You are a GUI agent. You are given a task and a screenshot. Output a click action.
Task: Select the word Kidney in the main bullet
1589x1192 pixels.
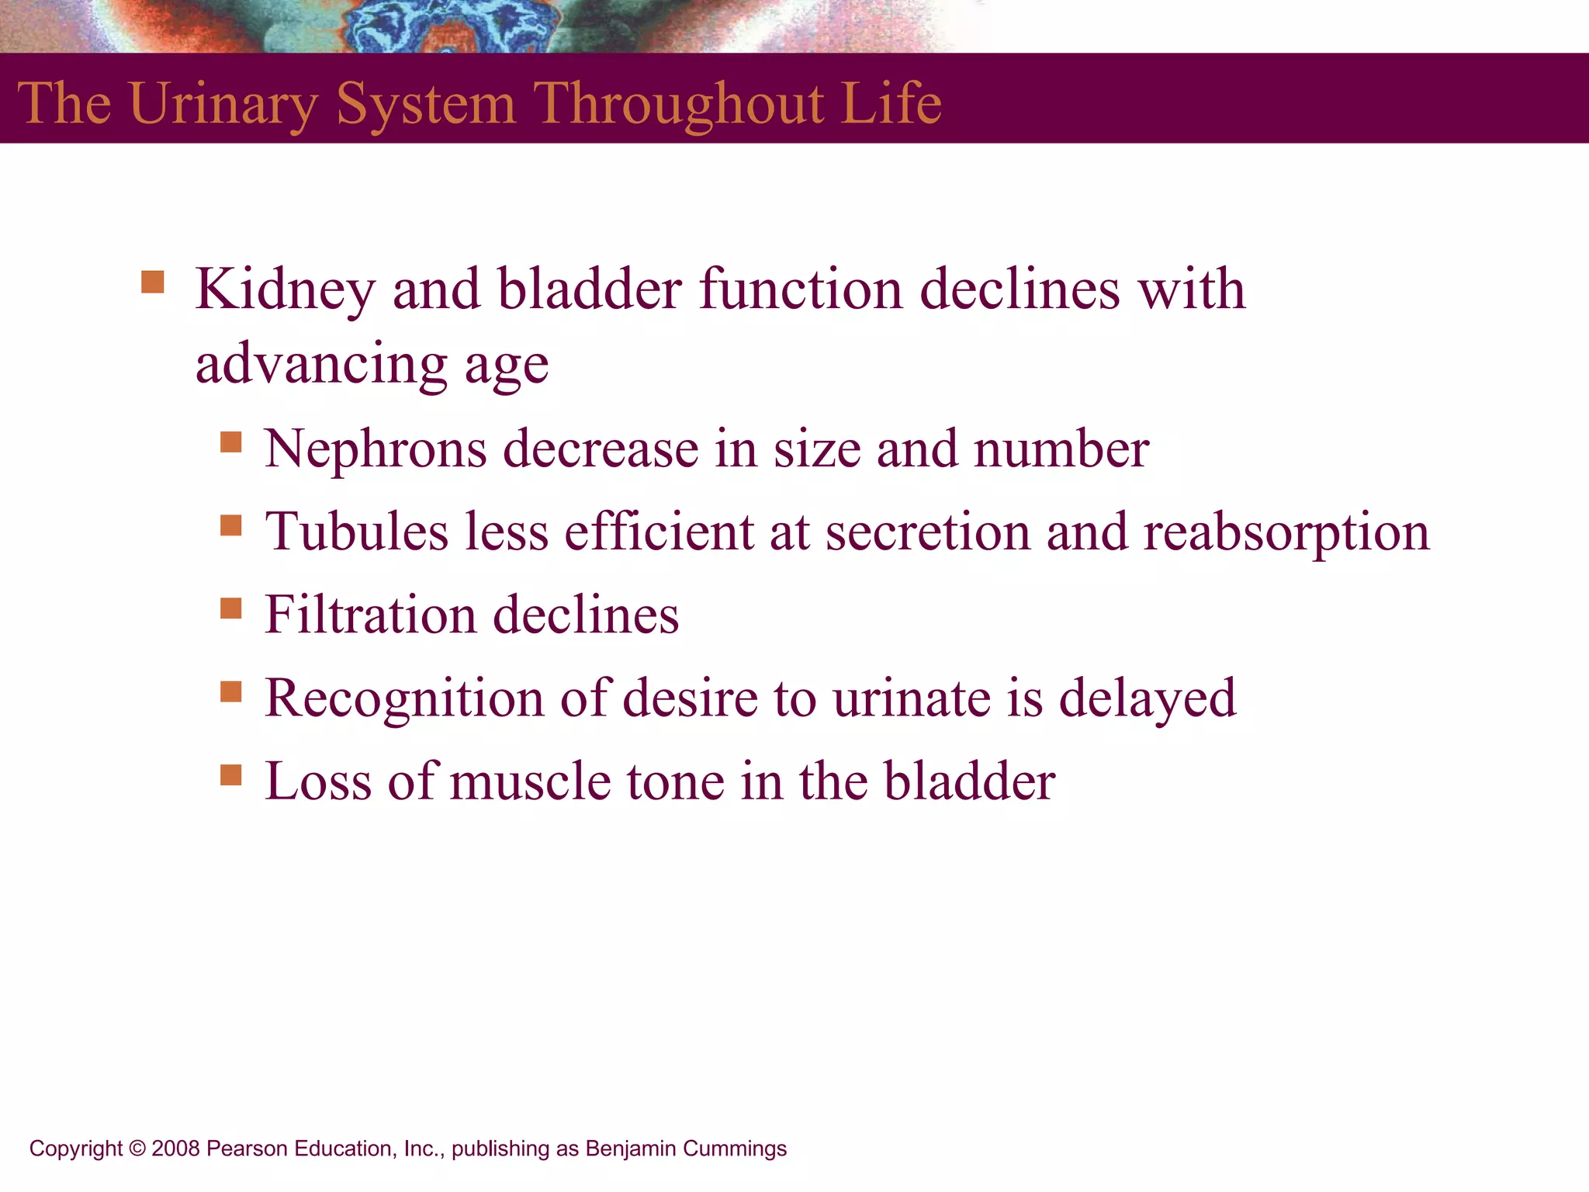[x=285, y=289]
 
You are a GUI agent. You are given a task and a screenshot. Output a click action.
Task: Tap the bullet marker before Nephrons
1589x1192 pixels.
[x=231, y=442]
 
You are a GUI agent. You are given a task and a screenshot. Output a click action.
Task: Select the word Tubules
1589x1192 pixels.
[x=357, y=532]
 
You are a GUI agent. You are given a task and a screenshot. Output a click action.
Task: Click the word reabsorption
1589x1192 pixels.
[x=1286, y=532]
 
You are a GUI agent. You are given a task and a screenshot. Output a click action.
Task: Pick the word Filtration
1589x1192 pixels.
[x=370, y=615]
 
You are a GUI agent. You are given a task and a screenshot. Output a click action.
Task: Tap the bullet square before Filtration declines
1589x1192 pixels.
[x=231, y=608]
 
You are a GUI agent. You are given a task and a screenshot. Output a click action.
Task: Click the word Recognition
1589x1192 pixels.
[x=404, y=698]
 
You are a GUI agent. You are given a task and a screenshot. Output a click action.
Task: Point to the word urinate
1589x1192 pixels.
[x=912, y=698]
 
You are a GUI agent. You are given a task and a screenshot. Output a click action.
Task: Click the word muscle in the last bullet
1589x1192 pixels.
[x=530, y=781]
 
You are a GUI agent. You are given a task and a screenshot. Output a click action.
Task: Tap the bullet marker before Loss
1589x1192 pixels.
[x=231, y=774]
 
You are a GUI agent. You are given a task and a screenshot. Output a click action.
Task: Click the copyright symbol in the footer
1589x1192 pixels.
[x=137, y=1149]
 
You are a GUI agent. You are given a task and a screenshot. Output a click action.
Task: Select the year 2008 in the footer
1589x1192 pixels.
[x=176, y=1149]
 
